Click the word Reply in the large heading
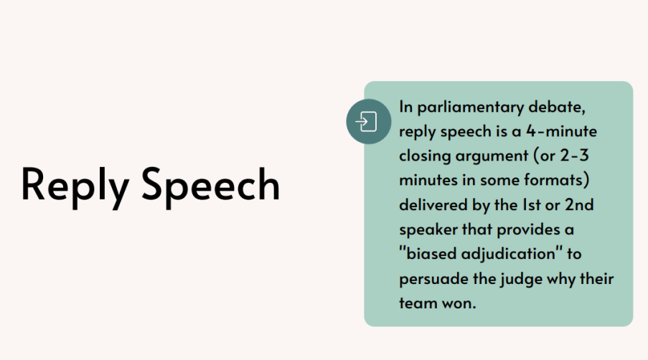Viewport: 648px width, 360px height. point(75,185)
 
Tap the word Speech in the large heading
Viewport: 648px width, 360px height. point(211,185)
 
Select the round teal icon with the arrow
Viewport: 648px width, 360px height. point(369,121)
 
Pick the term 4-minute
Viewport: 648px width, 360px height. point(562,131)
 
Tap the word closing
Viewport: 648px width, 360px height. point(425,156)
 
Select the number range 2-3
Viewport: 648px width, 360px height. point(574,156)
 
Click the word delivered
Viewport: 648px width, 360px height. point(433,205)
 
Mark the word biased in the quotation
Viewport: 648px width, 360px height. point(431,253)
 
